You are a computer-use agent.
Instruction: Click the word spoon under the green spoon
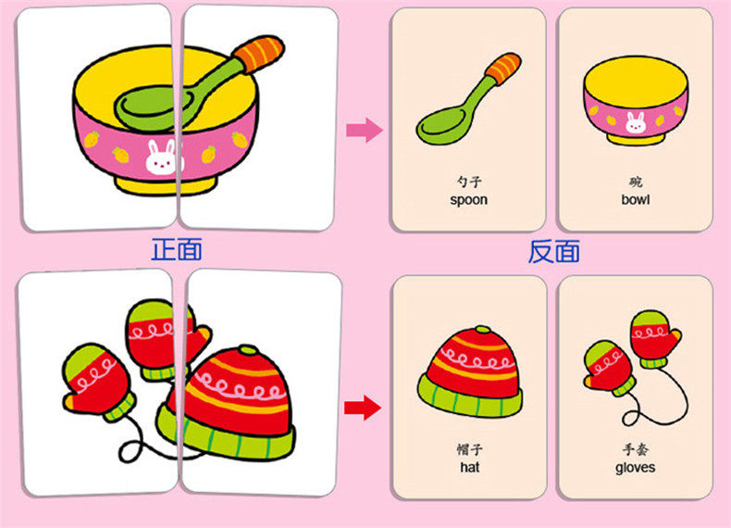pos(468,199)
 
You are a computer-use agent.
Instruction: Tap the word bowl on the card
pos(635,199)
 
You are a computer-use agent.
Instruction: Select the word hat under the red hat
pos(468,468)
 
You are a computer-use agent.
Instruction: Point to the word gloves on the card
pos(635,468)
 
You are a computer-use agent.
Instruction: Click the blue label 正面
pos(176,249)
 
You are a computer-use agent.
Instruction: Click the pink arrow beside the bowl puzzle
pos(364,130)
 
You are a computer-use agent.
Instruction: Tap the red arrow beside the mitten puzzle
pos(362,406)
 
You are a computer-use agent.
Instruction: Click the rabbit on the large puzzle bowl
pos(159,159)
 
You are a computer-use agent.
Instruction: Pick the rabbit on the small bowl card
pos(635,120)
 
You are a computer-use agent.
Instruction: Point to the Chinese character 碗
pos(635,182)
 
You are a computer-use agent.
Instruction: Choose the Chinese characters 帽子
pos(468,450)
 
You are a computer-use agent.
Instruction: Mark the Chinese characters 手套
pos(635,450)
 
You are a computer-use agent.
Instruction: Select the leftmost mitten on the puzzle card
pos(97,382)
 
